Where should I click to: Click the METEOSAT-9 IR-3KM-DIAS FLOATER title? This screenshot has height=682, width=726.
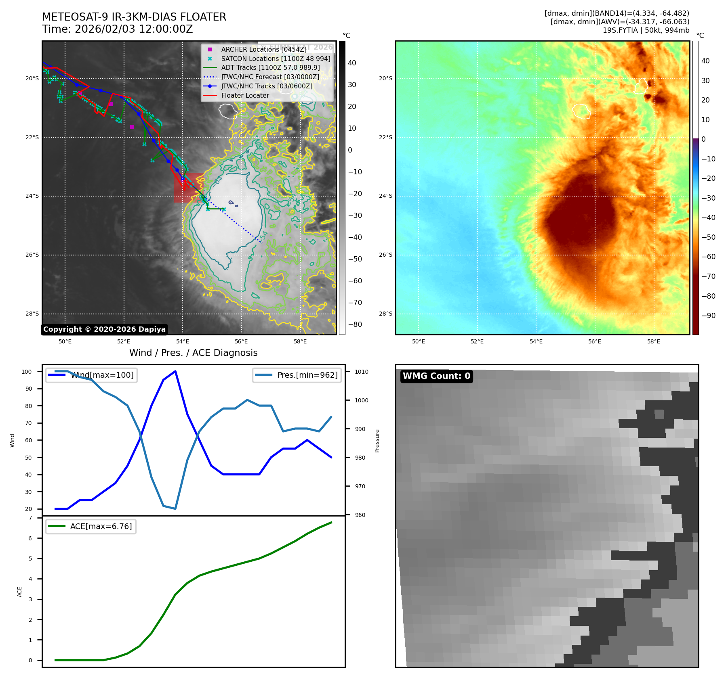tap(134, 17)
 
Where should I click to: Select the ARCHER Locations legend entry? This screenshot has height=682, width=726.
tap(263, 49)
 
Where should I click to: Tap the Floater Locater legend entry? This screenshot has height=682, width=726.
tap(245, 95)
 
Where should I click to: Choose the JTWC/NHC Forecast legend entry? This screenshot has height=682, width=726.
tap(270, 77)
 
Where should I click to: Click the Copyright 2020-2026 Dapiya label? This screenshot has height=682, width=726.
tap(104, 329)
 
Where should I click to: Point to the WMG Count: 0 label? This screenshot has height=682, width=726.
tap(436, 376)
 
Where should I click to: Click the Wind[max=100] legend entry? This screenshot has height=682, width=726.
tap(102, 375)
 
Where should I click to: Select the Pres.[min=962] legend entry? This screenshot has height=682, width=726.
tap(307, 375)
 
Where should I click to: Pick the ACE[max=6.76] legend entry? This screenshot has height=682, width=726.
tap(101, 526)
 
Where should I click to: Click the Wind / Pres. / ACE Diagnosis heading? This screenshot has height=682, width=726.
tap(193, 353)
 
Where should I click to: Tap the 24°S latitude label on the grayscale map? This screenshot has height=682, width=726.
tap(32, 196)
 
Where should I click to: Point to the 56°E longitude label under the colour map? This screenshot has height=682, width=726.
tap(595, 341)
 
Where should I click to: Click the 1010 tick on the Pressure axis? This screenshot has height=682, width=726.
tap(362, 372)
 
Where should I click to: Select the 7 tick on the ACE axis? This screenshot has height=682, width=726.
tap(30, 518)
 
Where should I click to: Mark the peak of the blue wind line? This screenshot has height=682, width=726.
tap(175, 371)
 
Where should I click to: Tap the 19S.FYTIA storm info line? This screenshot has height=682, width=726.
tap(646, 30)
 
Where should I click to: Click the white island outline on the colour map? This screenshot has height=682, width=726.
tap(582, 111)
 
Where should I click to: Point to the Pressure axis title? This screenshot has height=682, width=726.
tap(377, 441)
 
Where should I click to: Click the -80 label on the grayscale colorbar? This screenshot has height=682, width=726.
tap(355, 324)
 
